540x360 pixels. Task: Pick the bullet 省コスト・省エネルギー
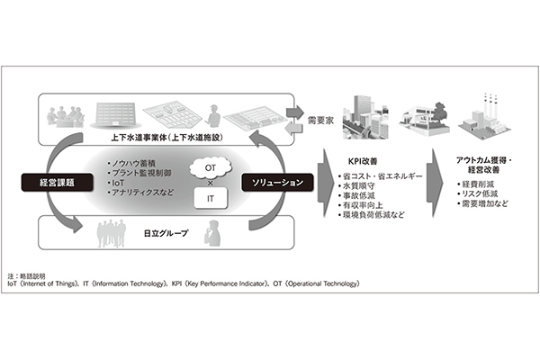[379, 175]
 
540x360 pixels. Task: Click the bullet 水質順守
[356, 186]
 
